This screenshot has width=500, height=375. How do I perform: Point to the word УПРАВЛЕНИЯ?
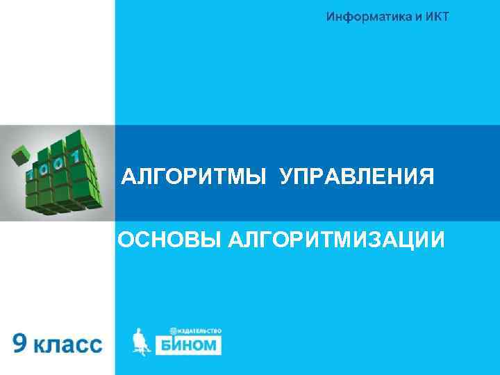357,177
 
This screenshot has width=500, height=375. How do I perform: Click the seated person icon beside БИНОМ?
140,342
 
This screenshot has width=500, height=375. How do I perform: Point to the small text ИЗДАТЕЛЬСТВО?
199,331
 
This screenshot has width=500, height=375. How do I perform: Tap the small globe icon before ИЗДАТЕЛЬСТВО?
173,331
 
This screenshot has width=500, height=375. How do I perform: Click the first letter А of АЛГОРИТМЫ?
128,177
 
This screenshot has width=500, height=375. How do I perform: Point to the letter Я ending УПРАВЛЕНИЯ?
426,177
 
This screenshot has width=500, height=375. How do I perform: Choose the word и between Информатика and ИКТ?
414,16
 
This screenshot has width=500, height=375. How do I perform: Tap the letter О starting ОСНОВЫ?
126,240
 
